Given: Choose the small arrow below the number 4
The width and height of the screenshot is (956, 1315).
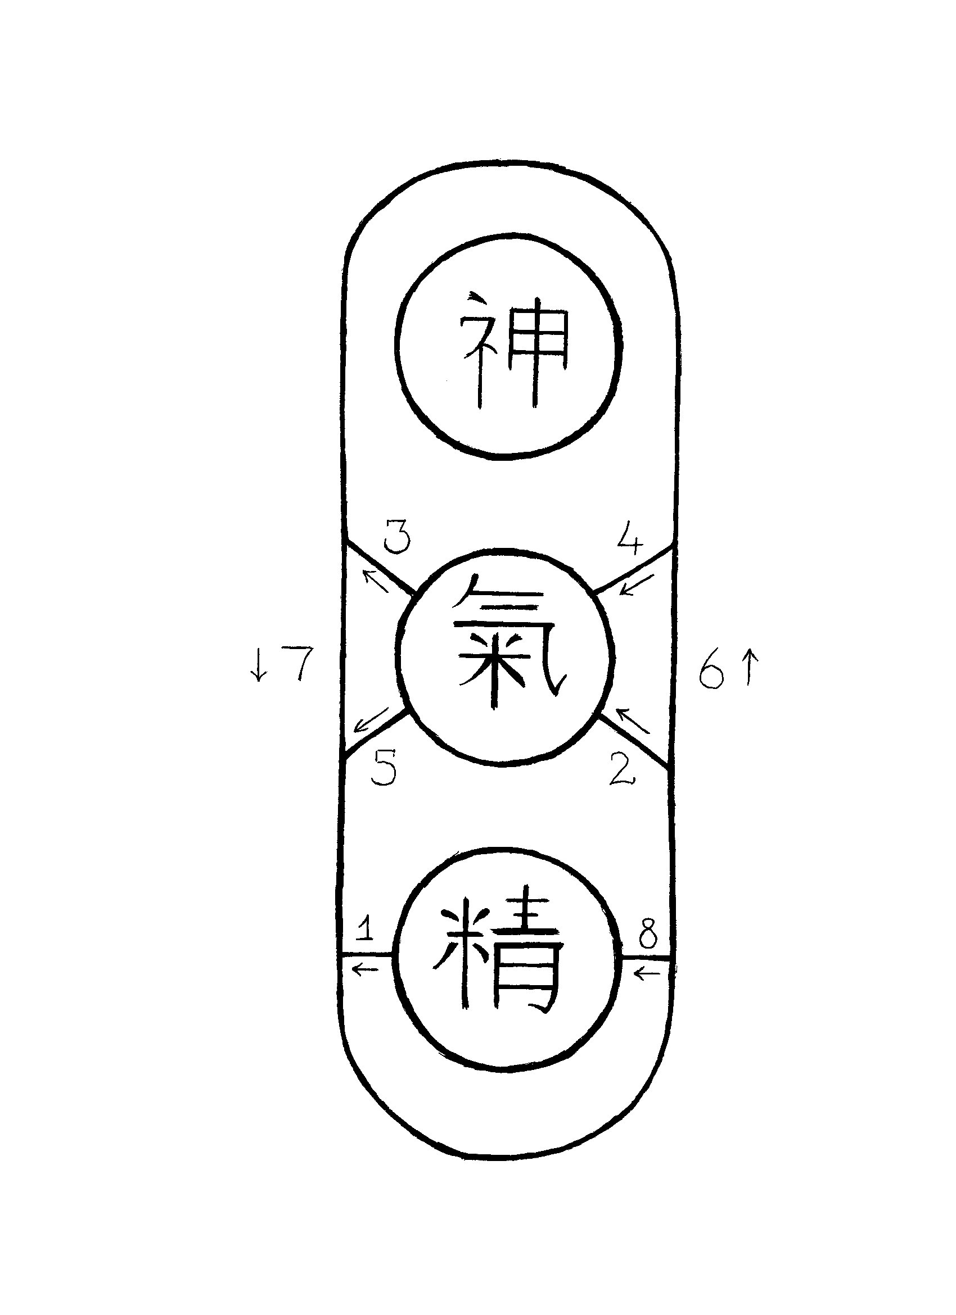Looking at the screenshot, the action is click(x=637, y=585).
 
